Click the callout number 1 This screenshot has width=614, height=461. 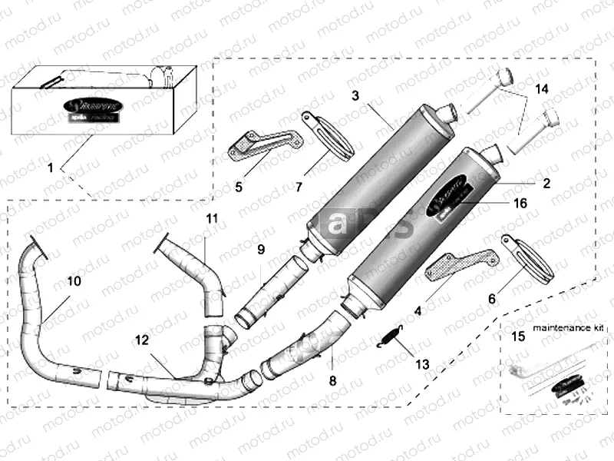(x=50, y=167)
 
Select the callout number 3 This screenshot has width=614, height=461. (x=355, y=96)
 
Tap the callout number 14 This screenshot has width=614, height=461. (x=543, y=90)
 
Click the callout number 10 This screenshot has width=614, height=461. (x=74, y=282)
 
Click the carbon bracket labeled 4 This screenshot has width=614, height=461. (x=460, y=266)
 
